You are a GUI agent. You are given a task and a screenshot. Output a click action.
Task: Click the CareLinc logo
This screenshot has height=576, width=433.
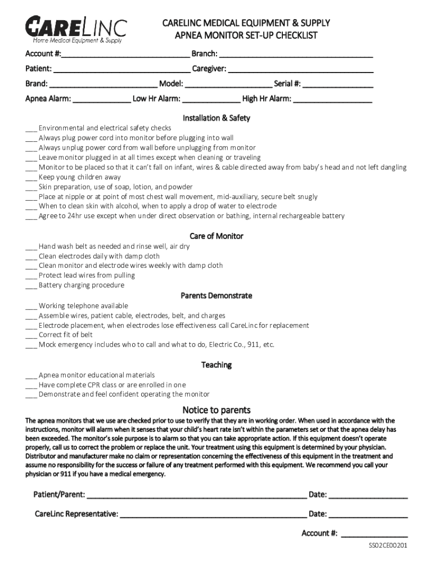(x=76, y=29)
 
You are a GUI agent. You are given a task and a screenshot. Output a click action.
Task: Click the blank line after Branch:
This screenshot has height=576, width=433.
(x=296, y=56)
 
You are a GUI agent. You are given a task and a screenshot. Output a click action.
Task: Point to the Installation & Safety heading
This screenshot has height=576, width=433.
(x=216, y=118)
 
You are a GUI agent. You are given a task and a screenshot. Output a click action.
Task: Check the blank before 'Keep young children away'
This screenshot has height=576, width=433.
(x=31, y=178)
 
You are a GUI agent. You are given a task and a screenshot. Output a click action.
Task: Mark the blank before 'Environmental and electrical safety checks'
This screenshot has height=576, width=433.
(x=31, y=129)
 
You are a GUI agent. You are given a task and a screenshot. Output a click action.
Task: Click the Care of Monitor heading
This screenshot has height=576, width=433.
(x=216, y=236)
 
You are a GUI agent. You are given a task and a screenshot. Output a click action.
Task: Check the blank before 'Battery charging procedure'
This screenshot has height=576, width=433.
(x=31, y=286)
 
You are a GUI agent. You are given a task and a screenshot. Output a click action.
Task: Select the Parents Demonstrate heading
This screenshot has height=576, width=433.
(x=216, y=296)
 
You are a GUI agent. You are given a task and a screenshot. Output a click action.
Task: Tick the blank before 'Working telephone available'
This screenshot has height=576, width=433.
(x=31, y=307)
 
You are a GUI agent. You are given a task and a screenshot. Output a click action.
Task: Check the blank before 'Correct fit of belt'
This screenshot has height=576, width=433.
(x=31, y=335)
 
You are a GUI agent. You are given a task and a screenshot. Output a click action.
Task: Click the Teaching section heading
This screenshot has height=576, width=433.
(x=216, y=365)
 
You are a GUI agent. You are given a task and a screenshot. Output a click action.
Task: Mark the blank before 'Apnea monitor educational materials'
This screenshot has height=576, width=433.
(x=31, y=376)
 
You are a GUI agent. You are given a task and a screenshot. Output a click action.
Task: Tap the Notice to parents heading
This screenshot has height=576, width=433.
(x=216, y=410)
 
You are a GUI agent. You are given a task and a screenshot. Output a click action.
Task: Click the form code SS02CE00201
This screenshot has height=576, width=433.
(x=388, y=546)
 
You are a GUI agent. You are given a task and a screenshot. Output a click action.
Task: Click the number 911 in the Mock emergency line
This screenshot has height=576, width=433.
(x=251, y=345)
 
